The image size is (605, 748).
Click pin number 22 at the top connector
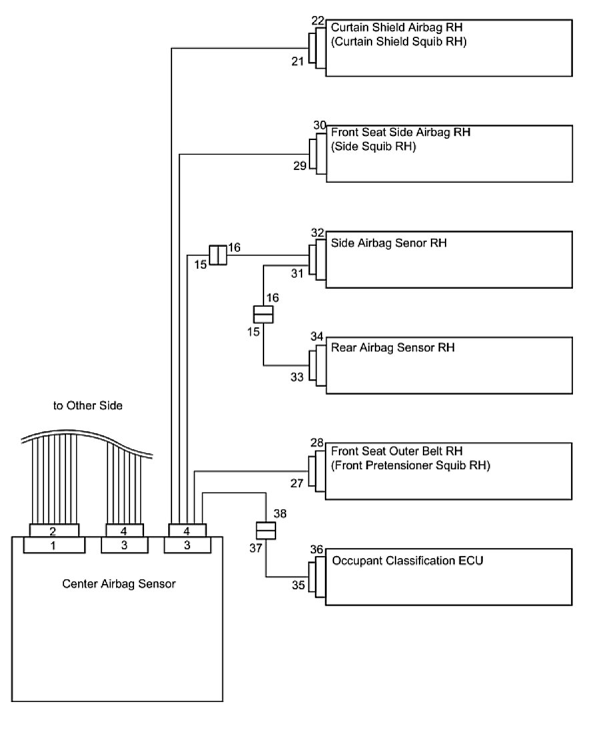[x=318, y=21]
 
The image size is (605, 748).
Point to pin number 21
[x=297, y=61]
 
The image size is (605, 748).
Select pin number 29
[x=299, y=165]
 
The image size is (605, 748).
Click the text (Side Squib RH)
[x=374, y=147]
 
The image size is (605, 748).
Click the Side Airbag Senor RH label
[x=389, y=243]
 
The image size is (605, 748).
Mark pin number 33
[x=297, y=377]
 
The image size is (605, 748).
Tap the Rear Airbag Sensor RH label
[x=393, y=348]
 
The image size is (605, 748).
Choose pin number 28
[x=318, y=443]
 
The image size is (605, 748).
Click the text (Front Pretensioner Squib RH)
[x=410, y=466]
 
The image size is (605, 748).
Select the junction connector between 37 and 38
[x=266, y=531]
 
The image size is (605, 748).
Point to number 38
[x=280, y=514]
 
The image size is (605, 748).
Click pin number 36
[x=317, y=549]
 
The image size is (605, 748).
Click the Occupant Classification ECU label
[x=408, y=561]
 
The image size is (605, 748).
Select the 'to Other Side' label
[x=88, y=405]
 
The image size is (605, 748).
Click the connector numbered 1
[x=54, y=545]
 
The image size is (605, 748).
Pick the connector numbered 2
[x=54, y=531]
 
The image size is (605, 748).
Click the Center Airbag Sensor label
[x=119, y=584]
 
